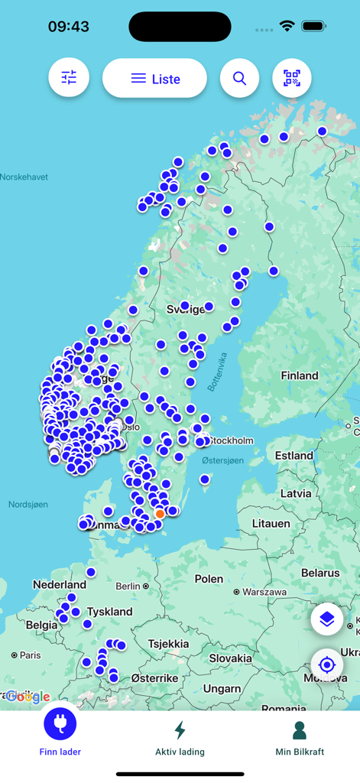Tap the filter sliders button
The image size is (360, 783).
(x=69, y=78)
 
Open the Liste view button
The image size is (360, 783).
(x=154, y=78)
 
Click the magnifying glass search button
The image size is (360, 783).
(x=240, y=78)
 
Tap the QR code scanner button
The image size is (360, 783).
(x=292, y=78)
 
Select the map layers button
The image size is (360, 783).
(x=327, y=619)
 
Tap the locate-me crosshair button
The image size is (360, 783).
(x=327, y=664)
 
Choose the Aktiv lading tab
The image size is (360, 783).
(x=180, y=737)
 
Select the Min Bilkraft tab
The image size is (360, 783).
(x=300, y=737)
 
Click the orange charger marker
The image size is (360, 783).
(x=160, y=514)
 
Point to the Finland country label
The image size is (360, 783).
(x=300, y=375)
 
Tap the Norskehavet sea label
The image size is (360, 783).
(x=24, y=177)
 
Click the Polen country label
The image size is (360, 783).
(x=209, y=578)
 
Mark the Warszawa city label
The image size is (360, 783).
(x=264, y=592)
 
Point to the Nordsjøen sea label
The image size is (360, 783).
(x=28, y=505)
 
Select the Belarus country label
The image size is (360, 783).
(x=320, y=573)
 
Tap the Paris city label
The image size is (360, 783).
(x=30, y=655)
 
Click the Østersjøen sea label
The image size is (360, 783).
(x=222, y=460)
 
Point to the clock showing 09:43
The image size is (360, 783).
(x=69, y=27)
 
